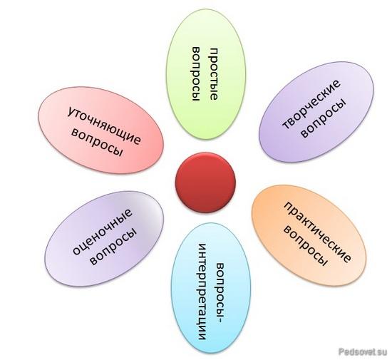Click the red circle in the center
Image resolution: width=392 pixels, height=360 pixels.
pyautogui.click(x=205, y=182)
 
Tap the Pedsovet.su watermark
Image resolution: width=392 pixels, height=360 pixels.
pyautogui.click(x=363, y=351)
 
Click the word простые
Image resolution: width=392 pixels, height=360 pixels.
pyautogui.click(x=213, y=74)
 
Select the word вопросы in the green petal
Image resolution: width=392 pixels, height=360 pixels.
pyautogui.click(x=196, y=74)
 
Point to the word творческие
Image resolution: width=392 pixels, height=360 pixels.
pyautogui.click(x=311, y=104)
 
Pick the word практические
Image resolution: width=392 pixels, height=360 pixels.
pyautogui.click(x=317, y=232)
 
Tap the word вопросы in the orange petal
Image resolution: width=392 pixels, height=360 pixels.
pyautogui.click(x=306, y=246)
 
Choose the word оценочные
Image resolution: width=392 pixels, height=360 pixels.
pyautogui.click(x=102, y=231)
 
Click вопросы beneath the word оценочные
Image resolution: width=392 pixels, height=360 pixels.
pyautogui.click(x=113, y=246)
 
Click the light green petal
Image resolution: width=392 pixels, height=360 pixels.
pyautogui.click(x=206, y=74)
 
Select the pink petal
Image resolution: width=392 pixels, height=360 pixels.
pyautogui.click(x=100, y=130)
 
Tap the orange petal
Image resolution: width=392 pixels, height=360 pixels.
pyautogui.click(x=309, y=235)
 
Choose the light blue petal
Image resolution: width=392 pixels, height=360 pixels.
pyautogui.click(x=211, y=288)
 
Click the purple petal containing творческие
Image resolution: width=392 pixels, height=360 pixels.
pyautogui.click(x=316, y=112)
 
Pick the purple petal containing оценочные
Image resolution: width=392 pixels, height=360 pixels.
pyautogui.click(x=104, y=239)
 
